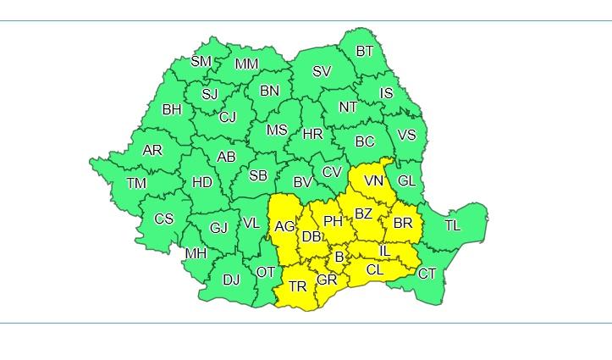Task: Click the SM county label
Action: tap(201, 61)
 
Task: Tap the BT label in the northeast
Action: tap(364, 52)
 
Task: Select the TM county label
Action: tap(135, 183)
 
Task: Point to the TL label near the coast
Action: tap(453, 225)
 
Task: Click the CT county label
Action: tap(427, 274)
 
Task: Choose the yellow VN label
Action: tap(373, 181)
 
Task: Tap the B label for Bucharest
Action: tap(339, 257)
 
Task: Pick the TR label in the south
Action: tap(297, 286)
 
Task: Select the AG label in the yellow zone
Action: tap(285, 226)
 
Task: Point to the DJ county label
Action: tap(231, 279)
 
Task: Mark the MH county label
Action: tap(196, 253)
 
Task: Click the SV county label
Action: tap(322, 71)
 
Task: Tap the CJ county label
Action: tap(228, 118)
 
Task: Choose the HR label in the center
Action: tap(312, 134)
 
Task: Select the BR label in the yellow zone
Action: tap(403, 224)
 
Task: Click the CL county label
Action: tap(375, 270)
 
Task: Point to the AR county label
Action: tap(152, 151)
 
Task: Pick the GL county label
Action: tap(406, 180)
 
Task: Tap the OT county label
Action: tap(266, 272)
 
